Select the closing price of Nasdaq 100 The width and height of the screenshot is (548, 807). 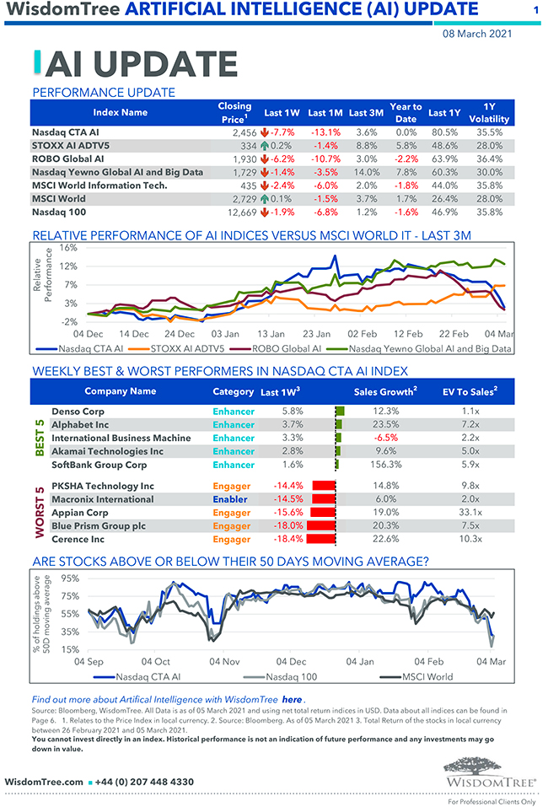point(238,213)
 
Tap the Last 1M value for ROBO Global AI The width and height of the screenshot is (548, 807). point(325,159)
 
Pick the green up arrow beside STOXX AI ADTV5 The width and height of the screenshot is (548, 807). point(265,146)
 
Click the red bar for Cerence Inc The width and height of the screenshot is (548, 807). point(321,539)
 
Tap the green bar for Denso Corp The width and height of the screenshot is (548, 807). point(341,411)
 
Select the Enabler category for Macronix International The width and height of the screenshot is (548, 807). point(232,498)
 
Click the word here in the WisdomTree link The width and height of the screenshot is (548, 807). point(292,700)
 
